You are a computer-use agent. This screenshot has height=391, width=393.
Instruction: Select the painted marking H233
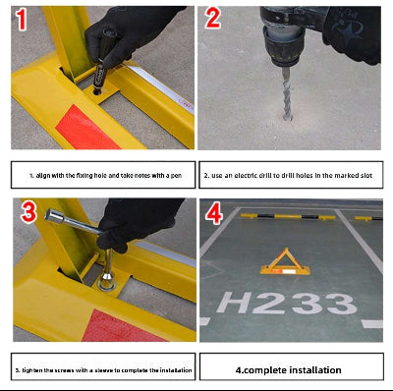pos(285,302)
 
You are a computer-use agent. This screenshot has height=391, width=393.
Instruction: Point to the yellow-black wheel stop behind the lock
pos(263,214)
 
